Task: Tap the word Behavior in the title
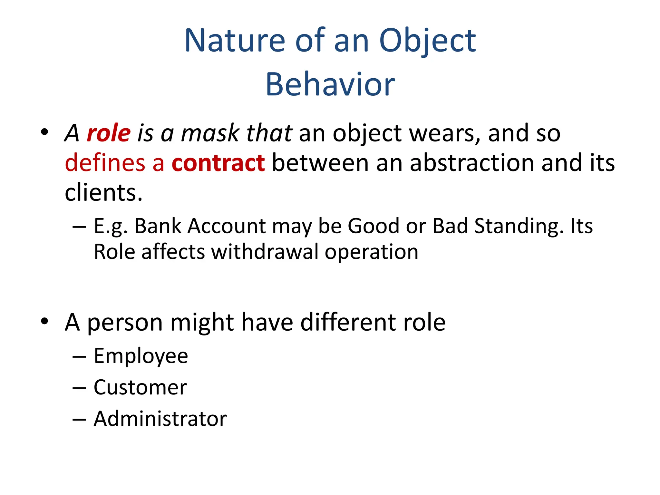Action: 330,84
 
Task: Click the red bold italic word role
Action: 109,133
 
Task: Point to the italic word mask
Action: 210,133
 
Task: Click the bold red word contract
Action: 218,163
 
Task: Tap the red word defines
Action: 105,163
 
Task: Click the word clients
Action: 103,193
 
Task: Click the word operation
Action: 372,252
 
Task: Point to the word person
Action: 125,322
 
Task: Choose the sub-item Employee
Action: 141,356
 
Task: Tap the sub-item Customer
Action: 140,387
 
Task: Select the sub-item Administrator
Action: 160,419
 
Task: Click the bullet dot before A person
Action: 44,321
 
